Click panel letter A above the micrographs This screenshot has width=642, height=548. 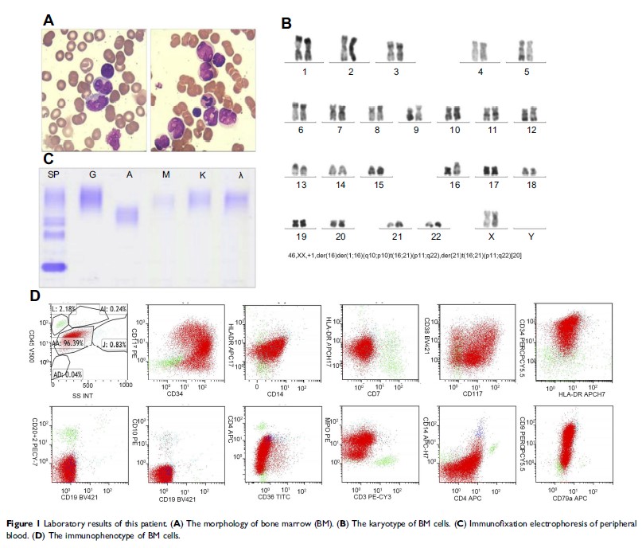(49, 22)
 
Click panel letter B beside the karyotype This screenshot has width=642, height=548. (287, 23)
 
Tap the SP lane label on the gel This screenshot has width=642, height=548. (54, 174)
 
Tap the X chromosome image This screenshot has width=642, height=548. (492, 218)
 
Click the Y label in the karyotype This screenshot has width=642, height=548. (530, 237)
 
